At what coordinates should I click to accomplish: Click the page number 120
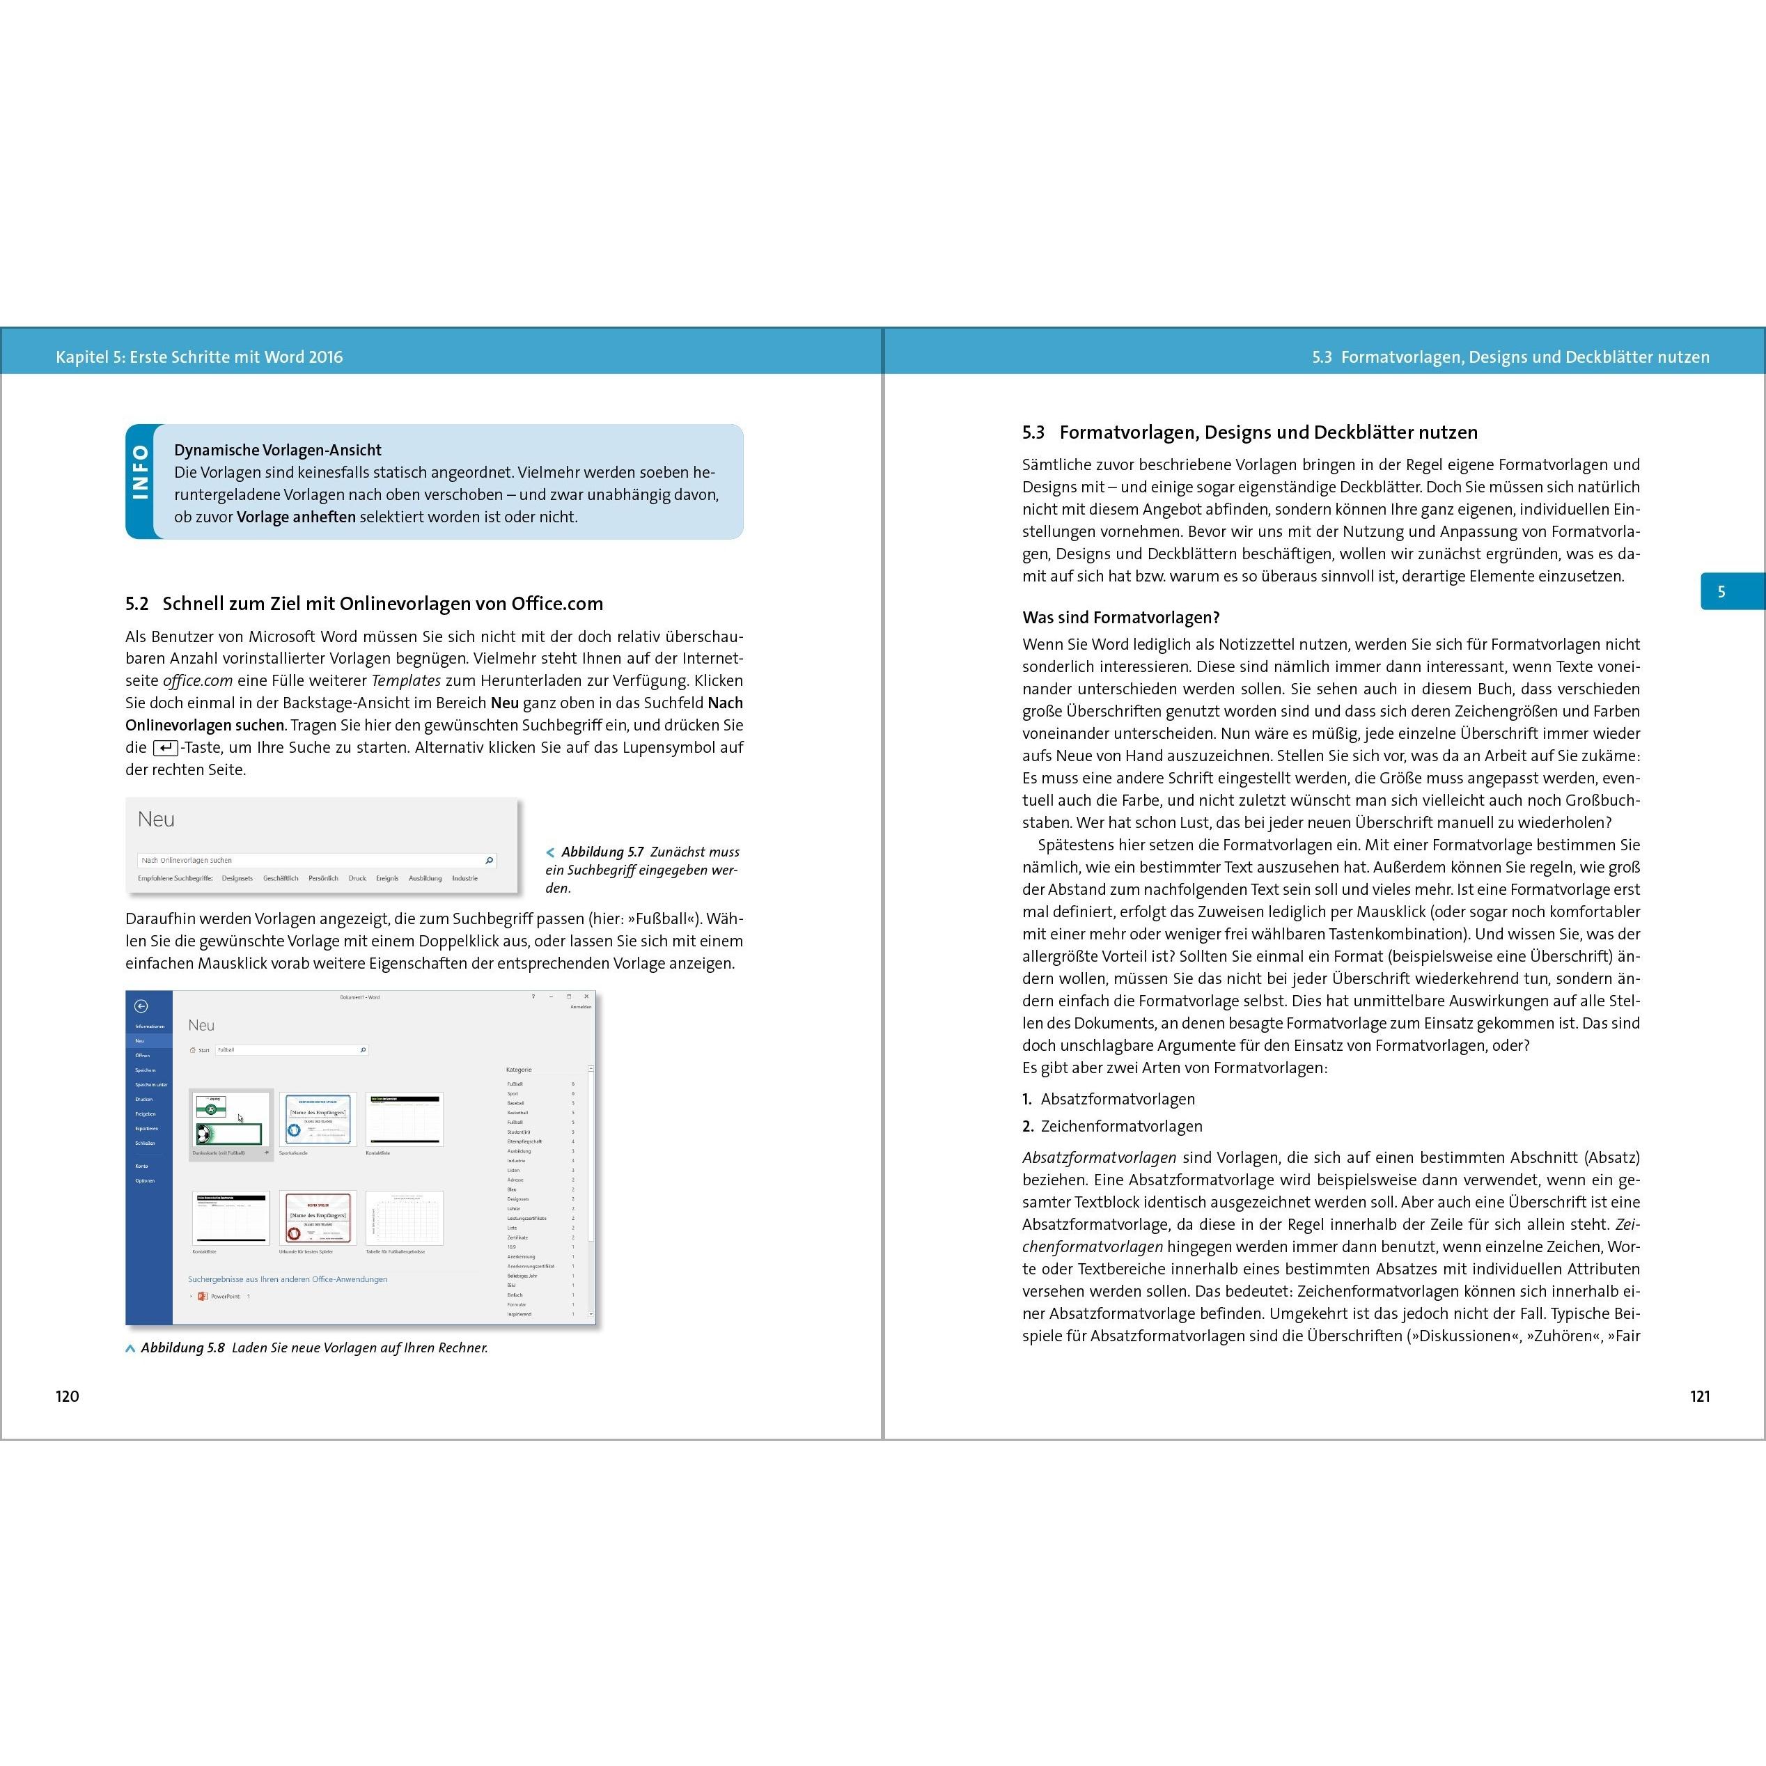(x=68, y=1396)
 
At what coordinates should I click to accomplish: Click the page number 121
(x=1699, y=1396)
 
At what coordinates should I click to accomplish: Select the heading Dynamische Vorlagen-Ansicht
(x=278, y=450)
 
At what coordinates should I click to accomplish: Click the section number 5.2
(x=137, y=603)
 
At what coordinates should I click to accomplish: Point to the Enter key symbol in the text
(x=166, y=748)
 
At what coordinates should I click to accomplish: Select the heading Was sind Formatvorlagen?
(x=1120, y=617)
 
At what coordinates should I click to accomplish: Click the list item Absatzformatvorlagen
(x=1117, y=1099)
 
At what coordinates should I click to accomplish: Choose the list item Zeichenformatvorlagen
(x=1120, y=1126)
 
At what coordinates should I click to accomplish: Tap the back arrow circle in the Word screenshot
(x=141, y=1006)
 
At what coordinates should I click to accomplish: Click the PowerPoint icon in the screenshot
(x=203, y=1296)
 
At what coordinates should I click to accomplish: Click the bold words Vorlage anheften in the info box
(x=296, y=517)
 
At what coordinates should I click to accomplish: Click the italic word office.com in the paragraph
(x=198, y=680)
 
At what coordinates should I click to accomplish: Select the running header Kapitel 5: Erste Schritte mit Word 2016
(x=199, y=357)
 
